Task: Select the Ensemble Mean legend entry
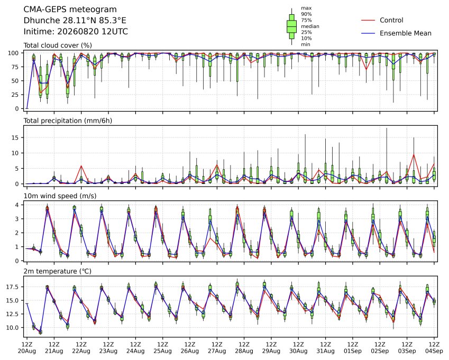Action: pyautogui.click(x=396, y=33)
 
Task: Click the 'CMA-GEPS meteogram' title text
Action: pyautogui.click(x=70, y=10)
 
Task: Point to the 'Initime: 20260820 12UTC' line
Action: pyautogui.click(x=76, y=31)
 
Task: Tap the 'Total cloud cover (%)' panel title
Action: pyautogui.click(x=58, y=45)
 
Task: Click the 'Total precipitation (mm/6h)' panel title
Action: pyautogui.click(x=68, y=121)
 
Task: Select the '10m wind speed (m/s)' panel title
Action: pyautogui.click(x=60, y=196)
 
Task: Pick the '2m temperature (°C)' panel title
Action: pyautogui.click(x=57, y=271)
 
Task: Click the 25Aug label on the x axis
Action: pyautogui.click(x=163, y=351)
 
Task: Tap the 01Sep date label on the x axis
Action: pyautogui.click(x=353, y=351)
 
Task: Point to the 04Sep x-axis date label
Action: pyautogui.click(x=434, y=351)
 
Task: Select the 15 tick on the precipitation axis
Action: pyautogui.click(x=15, y=137)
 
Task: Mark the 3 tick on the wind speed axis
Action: pyautogui.click(x=17, y=219)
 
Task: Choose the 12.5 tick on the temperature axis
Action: pyautogui.click(x=13, y=314)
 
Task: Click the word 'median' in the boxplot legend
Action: pyautogui.click(x=310, y=26)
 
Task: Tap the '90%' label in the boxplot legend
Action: pyautogui.click(x=306, y=14)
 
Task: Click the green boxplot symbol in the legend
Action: pyautogui.click(x=291, y=26)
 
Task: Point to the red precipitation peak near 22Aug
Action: pyautogui.click(x=81, y=166)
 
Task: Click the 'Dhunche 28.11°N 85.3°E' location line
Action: pyautogui.click(x=75, y=20)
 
